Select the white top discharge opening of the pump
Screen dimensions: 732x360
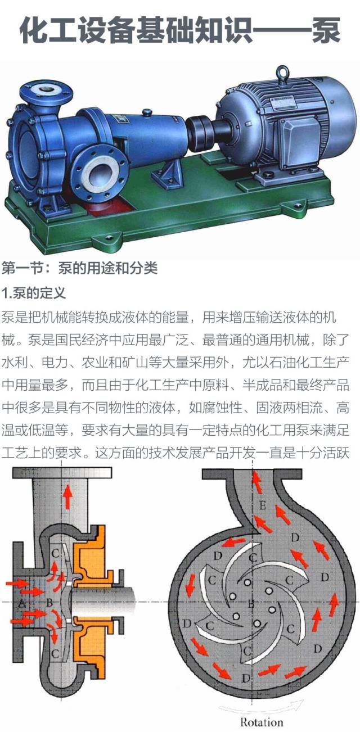43,88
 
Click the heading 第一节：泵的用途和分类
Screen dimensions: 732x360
79,268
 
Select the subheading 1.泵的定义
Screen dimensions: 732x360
34,293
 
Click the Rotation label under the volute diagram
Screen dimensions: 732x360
262,722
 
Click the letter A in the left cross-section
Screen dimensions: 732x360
21,603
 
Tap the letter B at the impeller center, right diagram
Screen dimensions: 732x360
252,604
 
